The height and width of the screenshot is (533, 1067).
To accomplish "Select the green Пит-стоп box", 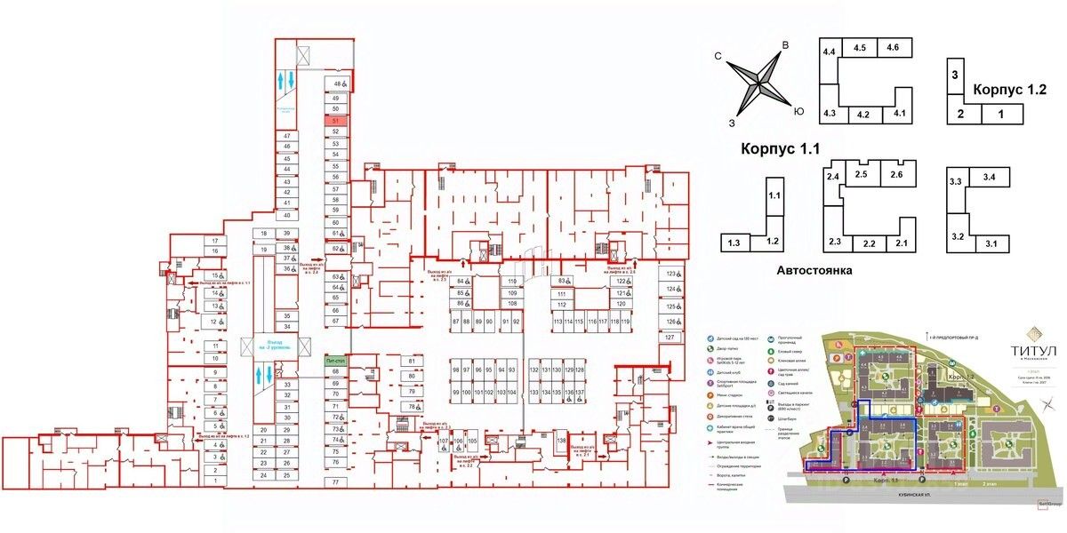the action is tap(335, 359).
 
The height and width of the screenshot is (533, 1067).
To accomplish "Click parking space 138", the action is tap(562, 442).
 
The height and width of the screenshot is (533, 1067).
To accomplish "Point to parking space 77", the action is tap(335, 481).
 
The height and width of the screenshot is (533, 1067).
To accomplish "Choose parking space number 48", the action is tap(336, 84).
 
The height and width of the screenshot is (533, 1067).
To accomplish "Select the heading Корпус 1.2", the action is tap(1009, 90).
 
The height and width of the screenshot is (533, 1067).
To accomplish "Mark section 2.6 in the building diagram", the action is tap(895, 175).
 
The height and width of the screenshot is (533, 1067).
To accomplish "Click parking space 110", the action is tap(511, 282).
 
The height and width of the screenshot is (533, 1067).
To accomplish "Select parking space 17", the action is tap(214, 241).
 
